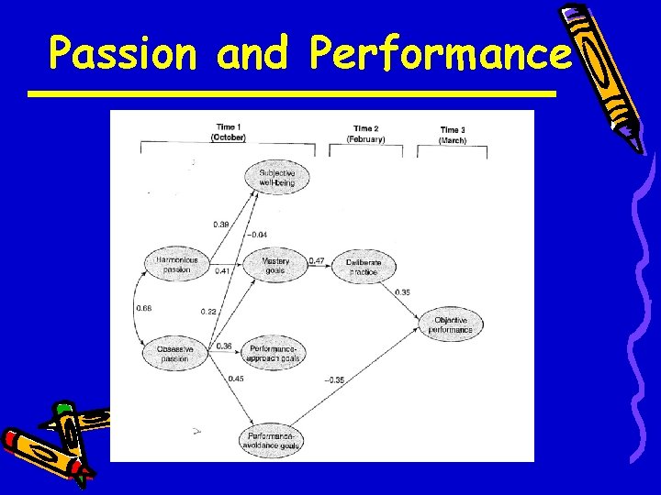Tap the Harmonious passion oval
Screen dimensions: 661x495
point(176,265)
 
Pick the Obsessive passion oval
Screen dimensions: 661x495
point(174,353)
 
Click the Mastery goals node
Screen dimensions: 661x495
point(275,265)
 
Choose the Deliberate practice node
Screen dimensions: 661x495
point(364,267)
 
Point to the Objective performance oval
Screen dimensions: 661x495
point(454,324)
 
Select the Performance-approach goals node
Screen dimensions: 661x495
point(275,353)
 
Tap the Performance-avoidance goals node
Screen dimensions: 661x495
point(272,441)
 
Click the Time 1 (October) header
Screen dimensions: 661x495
point(228,132)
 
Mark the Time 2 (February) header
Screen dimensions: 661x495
point(365,134)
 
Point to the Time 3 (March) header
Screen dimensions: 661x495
point(453,135)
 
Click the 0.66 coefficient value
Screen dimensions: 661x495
point(144,309)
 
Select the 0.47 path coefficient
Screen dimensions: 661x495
point(317,261)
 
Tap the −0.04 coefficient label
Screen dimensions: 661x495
point(258,235)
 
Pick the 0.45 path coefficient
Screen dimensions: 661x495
point(235,379)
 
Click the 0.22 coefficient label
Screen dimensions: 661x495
point(208,313)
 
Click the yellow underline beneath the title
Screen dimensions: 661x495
point(291,93)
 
